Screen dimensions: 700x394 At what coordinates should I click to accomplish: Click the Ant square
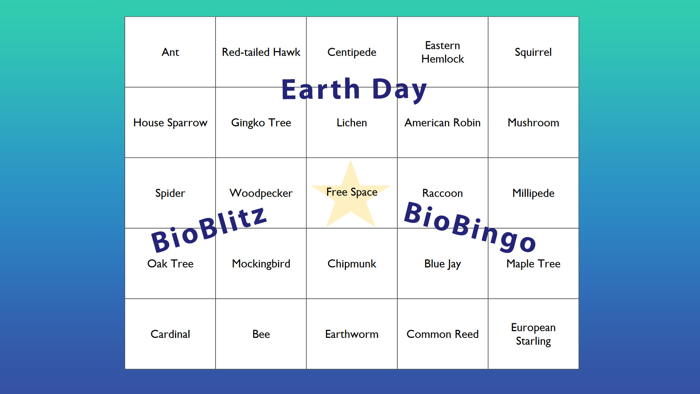pos(170,52)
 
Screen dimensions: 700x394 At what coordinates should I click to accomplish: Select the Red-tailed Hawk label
pos(261,52)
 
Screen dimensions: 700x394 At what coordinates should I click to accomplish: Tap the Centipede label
pos(352,53)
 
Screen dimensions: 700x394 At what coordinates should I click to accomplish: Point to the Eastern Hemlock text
pos(443,52)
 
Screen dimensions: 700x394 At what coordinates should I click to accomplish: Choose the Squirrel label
pos(533,53)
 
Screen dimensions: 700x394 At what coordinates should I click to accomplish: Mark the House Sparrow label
pos(170,123)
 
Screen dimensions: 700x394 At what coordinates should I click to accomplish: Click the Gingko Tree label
pos(261,123)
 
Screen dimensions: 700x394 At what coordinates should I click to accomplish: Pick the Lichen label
pos(352,123)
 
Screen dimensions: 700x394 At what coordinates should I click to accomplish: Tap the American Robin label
pos(443,123)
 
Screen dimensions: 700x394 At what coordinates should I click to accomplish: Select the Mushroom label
pos(533,123)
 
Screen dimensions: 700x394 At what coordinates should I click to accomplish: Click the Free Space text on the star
pos(352,192)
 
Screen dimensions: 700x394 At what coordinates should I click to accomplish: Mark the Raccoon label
pos(443,193)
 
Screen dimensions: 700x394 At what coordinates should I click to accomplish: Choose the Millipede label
pos(533,193)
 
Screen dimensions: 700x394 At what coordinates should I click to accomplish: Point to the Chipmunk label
pos(352,264)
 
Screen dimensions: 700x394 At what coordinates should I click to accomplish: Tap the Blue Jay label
pos(443,264)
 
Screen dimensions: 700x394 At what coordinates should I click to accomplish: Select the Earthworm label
pos(352,334)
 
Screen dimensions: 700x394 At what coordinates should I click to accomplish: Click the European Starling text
pos(533,334)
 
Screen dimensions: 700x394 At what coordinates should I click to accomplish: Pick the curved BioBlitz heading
pos(209,229)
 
